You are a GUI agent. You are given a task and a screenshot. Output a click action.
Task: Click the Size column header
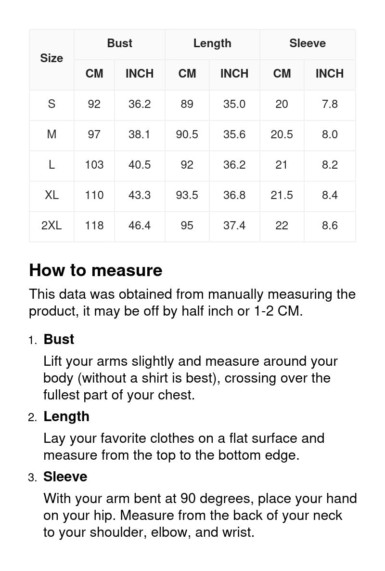(x=51, y=58)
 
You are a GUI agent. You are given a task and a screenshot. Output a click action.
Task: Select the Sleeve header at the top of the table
(x=308, y=43)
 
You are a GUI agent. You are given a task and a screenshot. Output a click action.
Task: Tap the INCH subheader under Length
(x=234, y=74)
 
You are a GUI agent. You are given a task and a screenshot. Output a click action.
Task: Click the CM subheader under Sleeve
(x=282, y=74)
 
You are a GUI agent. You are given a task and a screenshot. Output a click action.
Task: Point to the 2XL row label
(x=51, y=225)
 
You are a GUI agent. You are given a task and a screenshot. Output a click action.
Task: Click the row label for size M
(x=51, y=134)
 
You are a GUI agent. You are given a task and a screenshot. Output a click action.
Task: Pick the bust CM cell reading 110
(x=94, y=195)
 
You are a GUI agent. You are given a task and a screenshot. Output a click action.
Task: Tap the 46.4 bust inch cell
(x=140, y=225)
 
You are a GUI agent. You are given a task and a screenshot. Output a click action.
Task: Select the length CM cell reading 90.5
(x=187, y=134)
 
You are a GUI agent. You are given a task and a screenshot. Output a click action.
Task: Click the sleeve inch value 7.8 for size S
(x=330, y=104)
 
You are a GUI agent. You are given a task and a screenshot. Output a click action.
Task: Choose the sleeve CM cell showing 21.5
(x=282, y=195)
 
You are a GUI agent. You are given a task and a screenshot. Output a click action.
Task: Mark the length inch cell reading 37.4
(x=234, y=225)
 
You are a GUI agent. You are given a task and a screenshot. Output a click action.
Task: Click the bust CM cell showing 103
(x=94, y=165)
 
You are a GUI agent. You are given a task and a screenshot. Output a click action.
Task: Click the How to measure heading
(x=96, y=270)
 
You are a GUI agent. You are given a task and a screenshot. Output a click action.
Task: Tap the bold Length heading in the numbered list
(x=66, y=416)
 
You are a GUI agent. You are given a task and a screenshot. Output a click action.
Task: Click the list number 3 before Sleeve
(x=32, y=478)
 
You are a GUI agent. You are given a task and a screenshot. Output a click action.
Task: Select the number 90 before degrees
(x=188, y=498)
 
